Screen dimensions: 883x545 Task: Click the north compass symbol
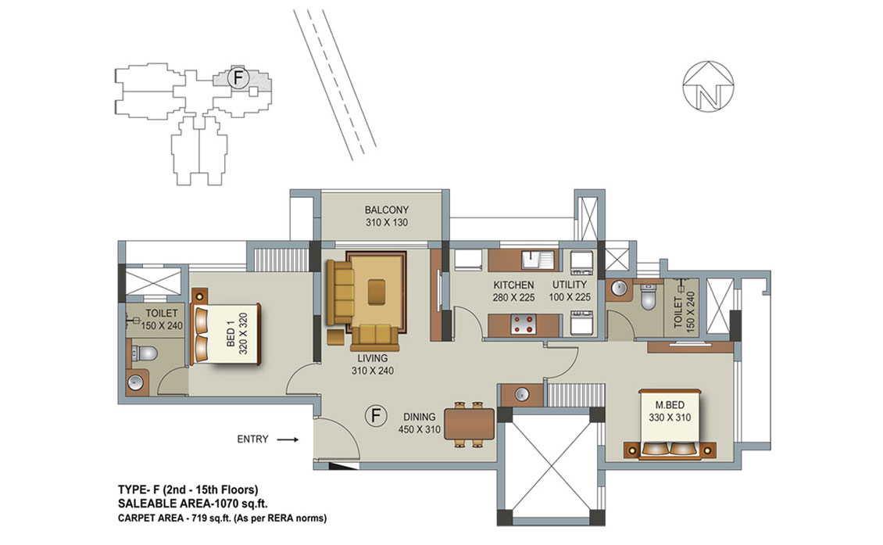(708, 86)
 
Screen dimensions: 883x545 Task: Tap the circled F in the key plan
(238, 77)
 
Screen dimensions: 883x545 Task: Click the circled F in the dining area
(376, 417)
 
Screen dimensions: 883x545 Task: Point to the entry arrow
(289, 439)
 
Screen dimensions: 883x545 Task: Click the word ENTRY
(253, 439)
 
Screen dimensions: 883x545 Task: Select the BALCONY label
(386, 210)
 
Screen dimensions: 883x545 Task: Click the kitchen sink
(538, 260)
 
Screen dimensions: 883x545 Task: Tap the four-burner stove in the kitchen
(524, 324)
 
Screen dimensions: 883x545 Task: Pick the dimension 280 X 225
(513, 298)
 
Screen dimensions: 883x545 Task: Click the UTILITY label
(570, 285)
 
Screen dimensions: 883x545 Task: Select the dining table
(469, 425)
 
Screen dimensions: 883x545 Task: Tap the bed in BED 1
(226, 334)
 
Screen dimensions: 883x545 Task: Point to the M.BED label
(670, 405)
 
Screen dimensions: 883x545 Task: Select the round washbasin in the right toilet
(619, 288)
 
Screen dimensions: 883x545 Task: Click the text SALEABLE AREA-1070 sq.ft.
(193, 504)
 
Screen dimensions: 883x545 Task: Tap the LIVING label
(372, 358)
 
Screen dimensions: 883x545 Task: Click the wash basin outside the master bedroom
(522, 395)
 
